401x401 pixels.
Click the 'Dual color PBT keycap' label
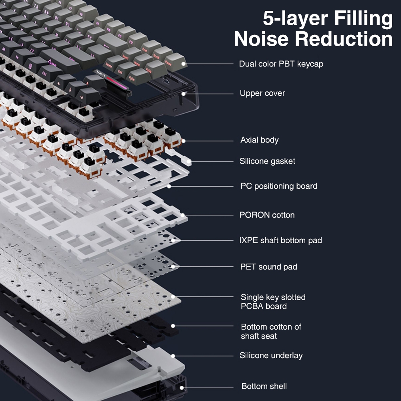(x=281, y=64)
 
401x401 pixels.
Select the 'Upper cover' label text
(x=262, y=93)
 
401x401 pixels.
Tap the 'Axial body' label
(x=259, y=140)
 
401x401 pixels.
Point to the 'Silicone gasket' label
(x=267, y=161)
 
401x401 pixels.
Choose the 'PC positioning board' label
(x=278, y=186)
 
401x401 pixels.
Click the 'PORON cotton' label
(x=267, y=215)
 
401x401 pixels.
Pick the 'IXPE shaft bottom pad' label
(x=280, y=240)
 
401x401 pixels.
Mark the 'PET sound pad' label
(x=268, y=267)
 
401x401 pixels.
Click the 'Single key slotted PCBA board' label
(x=273, y=302)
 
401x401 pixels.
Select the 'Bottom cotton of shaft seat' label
(x=271, y=331)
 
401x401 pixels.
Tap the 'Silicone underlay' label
(x=271, y=355)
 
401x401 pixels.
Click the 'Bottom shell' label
(x=264, y=387)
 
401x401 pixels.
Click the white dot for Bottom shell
(x=181, y=387)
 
